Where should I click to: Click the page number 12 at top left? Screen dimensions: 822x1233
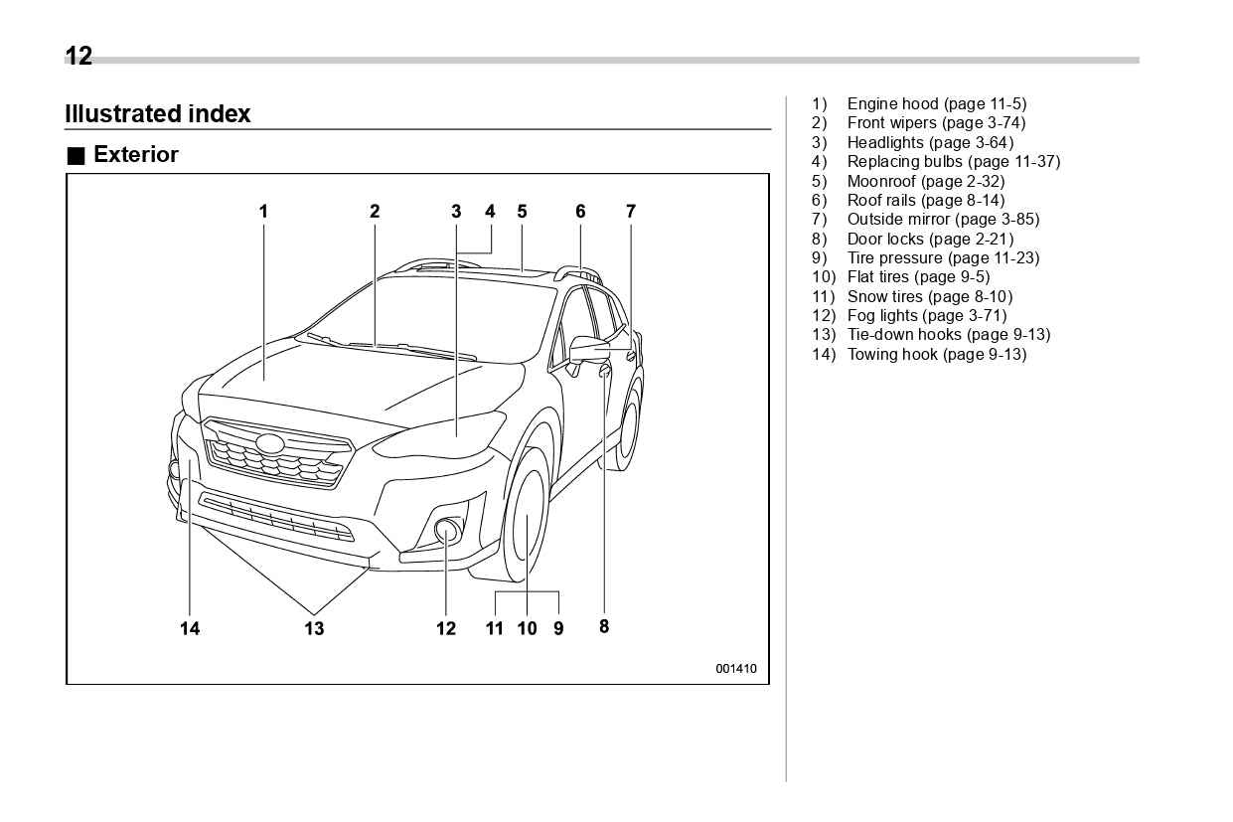[78, 57]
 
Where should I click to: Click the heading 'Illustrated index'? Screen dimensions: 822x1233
[158, 114]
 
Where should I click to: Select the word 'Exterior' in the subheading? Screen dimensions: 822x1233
[136, 155]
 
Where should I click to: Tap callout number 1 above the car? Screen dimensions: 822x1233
[263, 211]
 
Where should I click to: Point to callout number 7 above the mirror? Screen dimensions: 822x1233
[630, 211]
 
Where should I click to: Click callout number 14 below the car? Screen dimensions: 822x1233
[190, 628]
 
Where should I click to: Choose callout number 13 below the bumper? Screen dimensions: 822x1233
[314, 628]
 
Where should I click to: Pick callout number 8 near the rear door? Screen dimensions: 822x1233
[604, 626]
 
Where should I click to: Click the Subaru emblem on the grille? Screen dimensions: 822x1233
[269, 444]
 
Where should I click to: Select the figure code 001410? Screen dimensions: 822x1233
[736, 669]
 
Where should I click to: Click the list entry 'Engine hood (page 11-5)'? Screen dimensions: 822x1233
[936, 103]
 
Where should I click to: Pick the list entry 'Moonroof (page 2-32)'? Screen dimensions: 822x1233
[925, 181]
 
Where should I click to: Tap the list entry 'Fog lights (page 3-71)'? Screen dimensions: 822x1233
[926, 316]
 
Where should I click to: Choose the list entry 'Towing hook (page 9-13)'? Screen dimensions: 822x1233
[936, 355]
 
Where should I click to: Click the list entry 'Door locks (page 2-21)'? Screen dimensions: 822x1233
[930, 239]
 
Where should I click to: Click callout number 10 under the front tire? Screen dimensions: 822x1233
[527, 628]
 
